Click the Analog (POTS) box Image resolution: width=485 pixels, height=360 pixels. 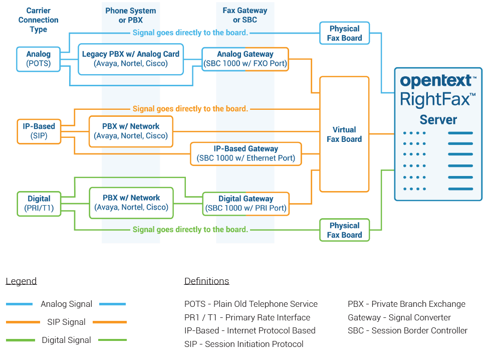point(39,59)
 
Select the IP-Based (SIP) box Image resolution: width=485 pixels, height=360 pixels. point(39,131)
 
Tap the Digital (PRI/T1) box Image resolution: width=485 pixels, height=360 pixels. point(39,204)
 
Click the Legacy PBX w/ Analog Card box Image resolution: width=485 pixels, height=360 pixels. point(131,59)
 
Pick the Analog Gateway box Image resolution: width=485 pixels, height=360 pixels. point(245,59)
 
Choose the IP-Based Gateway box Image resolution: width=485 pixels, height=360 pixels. point(246,153)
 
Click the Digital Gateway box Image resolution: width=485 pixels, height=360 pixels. point(246,204)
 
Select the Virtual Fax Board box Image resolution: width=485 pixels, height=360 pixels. point(344,134)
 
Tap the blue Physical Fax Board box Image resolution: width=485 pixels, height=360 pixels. point(344,34)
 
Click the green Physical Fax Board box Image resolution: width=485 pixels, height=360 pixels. point(344,230)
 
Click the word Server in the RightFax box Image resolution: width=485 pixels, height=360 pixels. point(438,120)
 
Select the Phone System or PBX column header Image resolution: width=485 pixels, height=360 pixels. point(131,16)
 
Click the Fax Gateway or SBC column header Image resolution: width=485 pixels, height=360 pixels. point(245,16)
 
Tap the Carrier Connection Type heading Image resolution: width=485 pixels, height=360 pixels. point(39,20)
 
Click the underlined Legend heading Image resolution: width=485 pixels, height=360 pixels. point(21,281)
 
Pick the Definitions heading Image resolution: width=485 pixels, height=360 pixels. point(206,281)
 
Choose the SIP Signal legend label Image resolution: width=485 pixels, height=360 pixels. point(66,322)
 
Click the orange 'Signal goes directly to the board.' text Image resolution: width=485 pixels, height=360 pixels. point(190,109)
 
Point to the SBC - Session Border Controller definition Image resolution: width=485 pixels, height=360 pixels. point(407,330)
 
